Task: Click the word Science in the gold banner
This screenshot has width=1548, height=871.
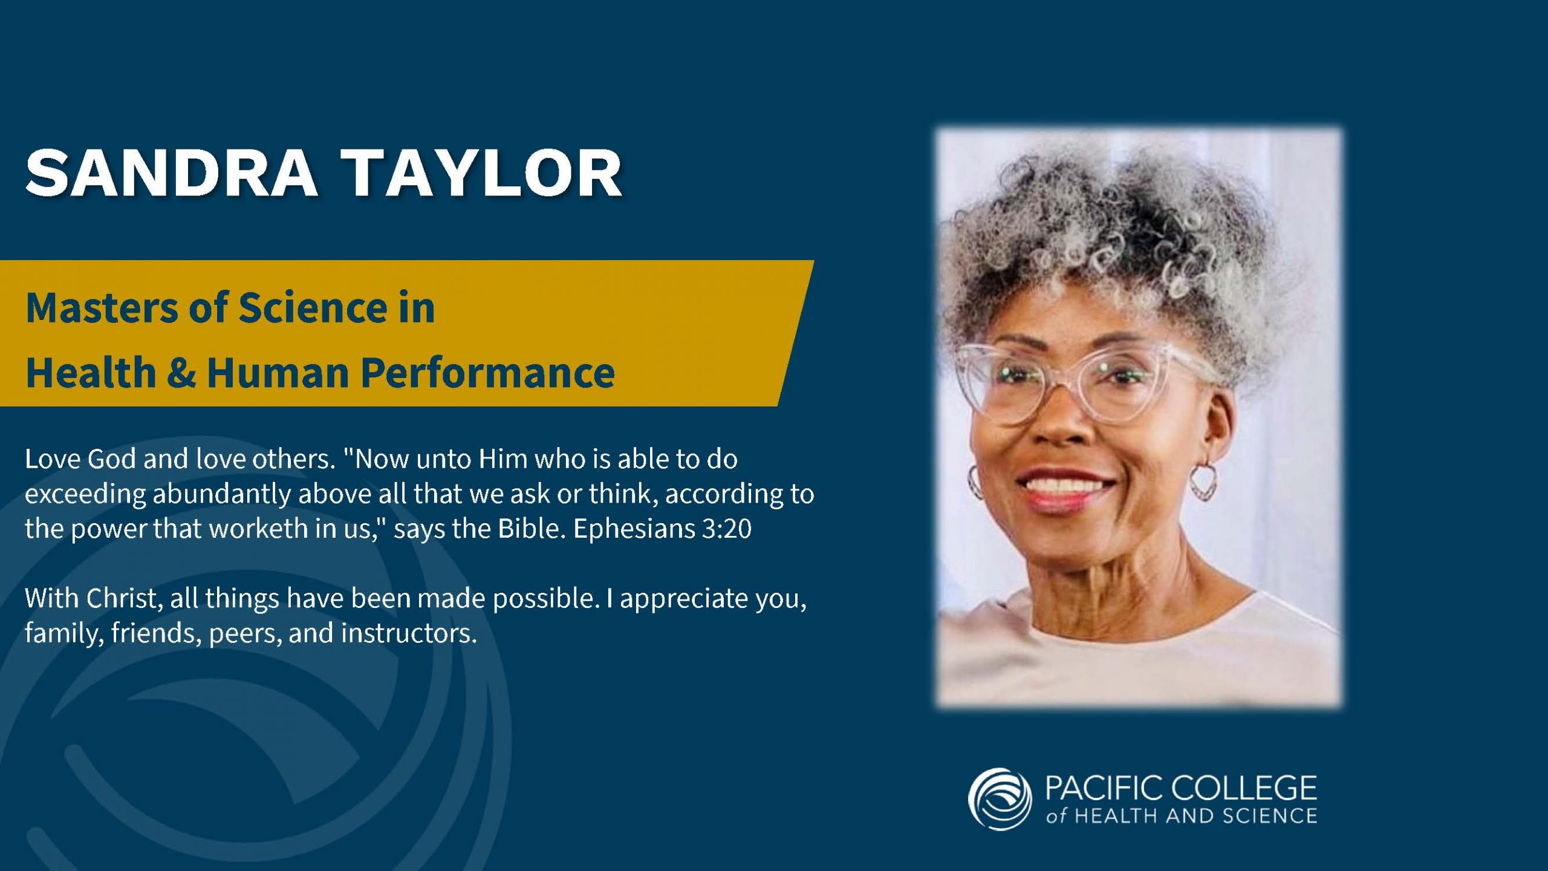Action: point(313,307)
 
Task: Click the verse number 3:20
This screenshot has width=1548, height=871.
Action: point(726,529)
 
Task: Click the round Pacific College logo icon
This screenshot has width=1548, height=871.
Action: point(1000,799)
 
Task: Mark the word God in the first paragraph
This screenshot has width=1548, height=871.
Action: point(112,459)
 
